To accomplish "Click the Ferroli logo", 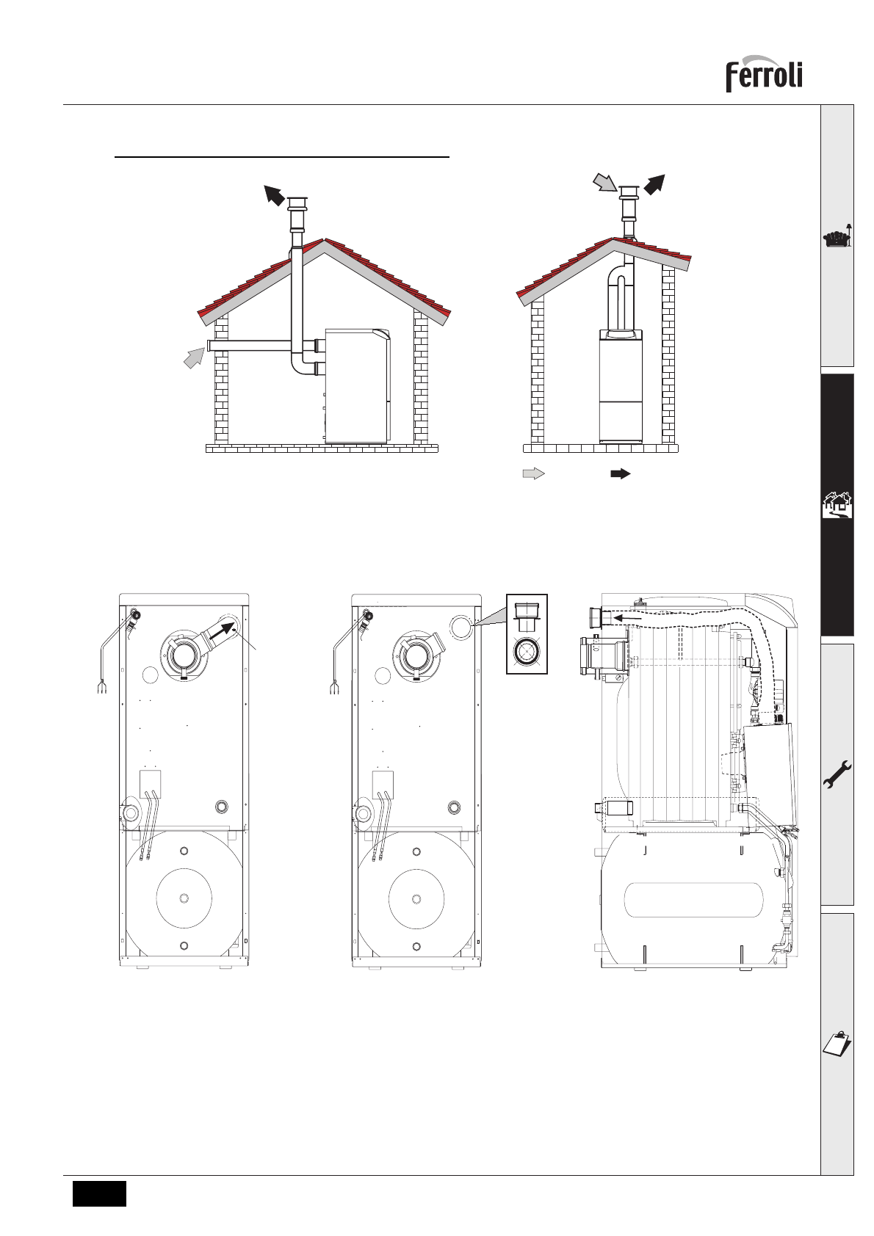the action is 764,74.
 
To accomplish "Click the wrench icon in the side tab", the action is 837,777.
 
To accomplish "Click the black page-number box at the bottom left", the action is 99,1193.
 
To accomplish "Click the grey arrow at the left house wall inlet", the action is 194,357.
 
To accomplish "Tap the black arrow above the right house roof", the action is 654,183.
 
